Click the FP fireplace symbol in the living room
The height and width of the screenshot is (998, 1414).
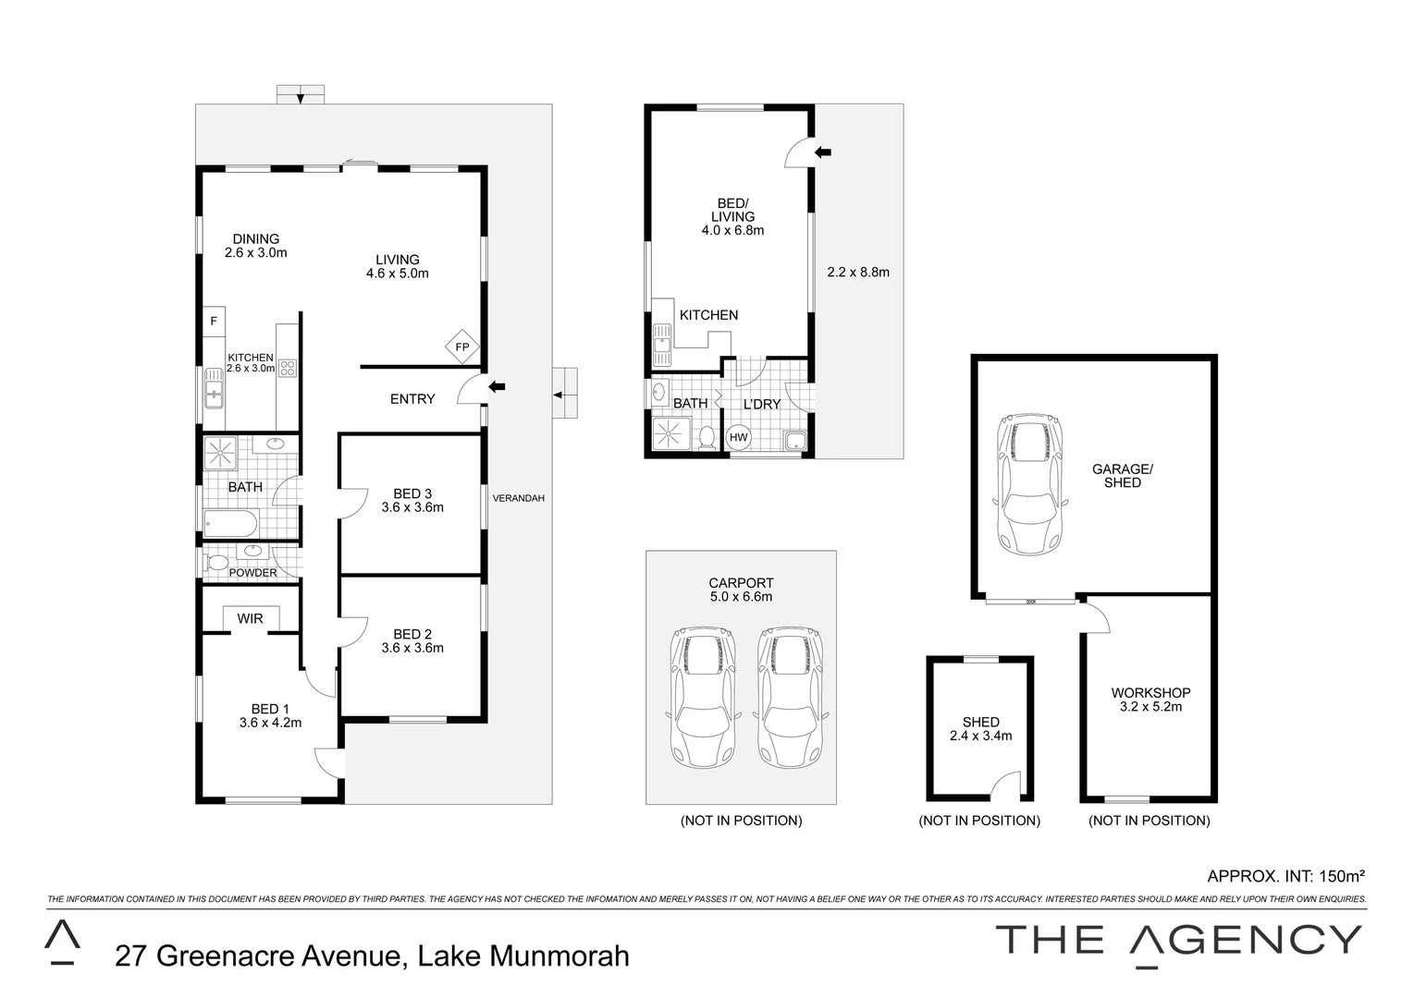[462, 347]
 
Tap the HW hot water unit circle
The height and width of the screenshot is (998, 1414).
[739, 437]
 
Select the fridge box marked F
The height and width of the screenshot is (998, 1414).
[214, 322]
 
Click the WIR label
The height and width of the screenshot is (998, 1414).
[250, 618]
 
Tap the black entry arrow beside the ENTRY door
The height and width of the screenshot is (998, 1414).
[497, 386]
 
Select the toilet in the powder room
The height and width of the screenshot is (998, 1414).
[217, 561]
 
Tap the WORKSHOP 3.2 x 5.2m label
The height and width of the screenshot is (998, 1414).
[1150, 700]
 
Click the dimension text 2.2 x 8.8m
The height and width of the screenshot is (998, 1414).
[857, 272]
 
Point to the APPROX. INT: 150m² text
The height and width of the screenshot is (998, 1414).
[1285, 875]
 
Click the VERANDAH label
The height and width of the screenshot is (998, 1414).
[518, 498]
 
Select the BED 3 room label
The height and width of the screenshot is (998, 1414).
[412, 500]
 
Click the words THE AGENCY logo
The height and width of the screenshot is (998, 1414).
[1178, 941]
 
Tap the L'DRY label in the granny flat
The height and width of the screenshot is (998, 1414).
[762, 404]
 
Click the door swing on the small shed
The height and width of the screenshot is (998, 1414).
[1003, 786]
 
